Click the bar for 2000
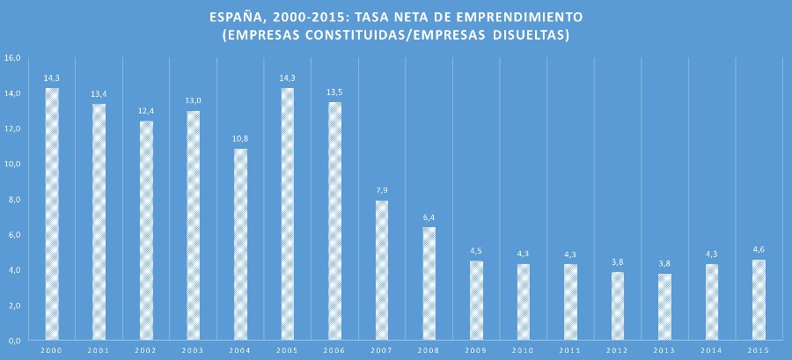52,214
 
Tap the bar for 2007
382,270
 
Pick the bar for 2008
429,283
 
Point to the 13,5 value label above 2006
334,92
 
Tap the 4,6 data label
759,250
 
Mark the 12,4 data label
146,112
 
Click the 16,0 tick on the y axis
12,58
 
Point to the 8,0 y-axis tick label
12,200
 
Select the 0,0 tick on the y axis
12,341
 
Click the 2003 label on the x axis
193,350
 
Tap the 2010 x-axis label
524,350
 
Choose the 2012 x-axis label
618,350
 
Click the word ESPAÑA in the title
235,17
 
